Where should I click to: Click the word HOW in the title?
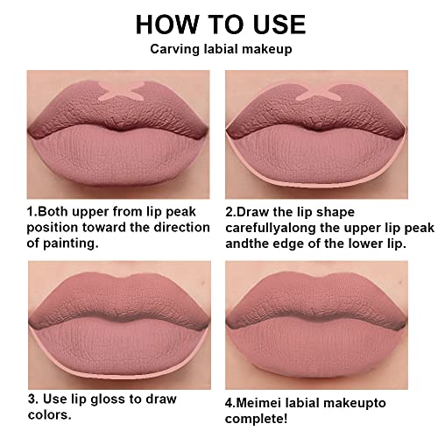tap(166, 25)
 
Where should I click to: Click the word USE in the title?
tap(279, 25)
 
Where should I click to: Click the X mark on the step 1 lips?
tap(122, 90)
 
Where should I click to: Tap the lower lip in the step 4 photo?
tap(317, 348)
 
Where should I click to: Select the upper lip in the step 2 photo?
tap(316, 111)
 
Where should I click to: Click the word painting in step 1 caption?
tap(71, 244)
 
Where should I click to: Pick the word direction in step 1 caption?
tap(181, 228)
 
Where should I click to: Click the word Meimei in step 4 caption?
tap(258, 403)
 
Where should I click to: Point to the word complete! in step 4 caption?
tap(256, 419)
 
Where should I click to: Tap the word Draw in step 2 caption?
tap(252, 212)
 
